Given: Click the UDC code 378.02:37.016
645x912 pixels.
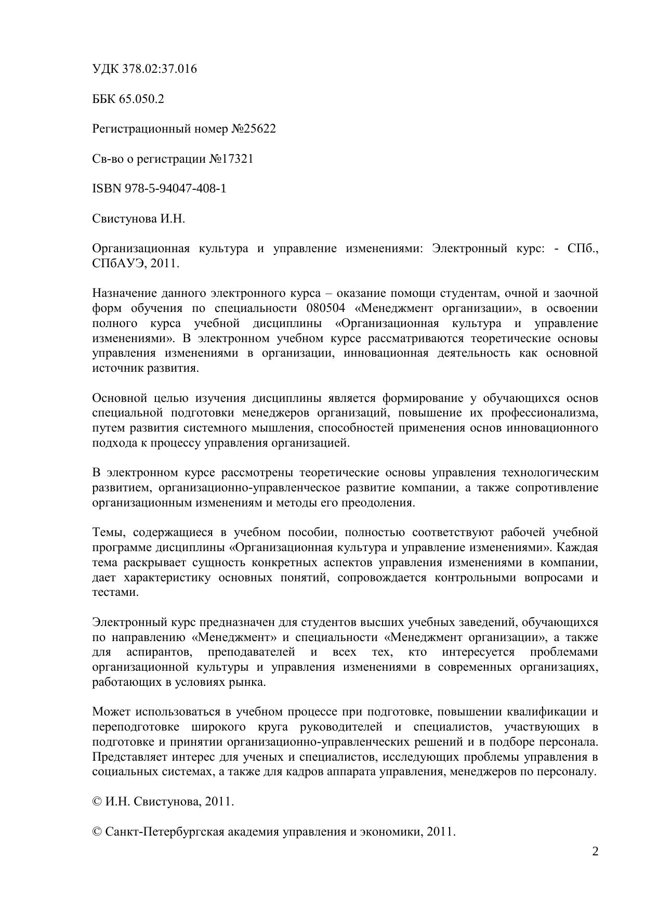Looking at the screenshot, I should [160, 69].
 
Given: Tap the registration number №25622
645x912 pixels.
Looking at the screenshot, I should [253, 129].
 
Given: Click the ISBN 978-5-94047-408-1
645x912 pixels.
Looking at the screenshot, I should [175, 189].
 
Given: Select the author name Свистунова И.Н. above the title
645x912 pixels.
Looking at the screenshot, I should [139, 219].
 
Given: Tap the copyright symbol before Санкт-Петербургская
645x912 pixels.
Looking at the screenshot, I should [97, 831].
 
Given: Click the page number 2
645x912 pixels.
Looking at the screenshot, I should [595, 852].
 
